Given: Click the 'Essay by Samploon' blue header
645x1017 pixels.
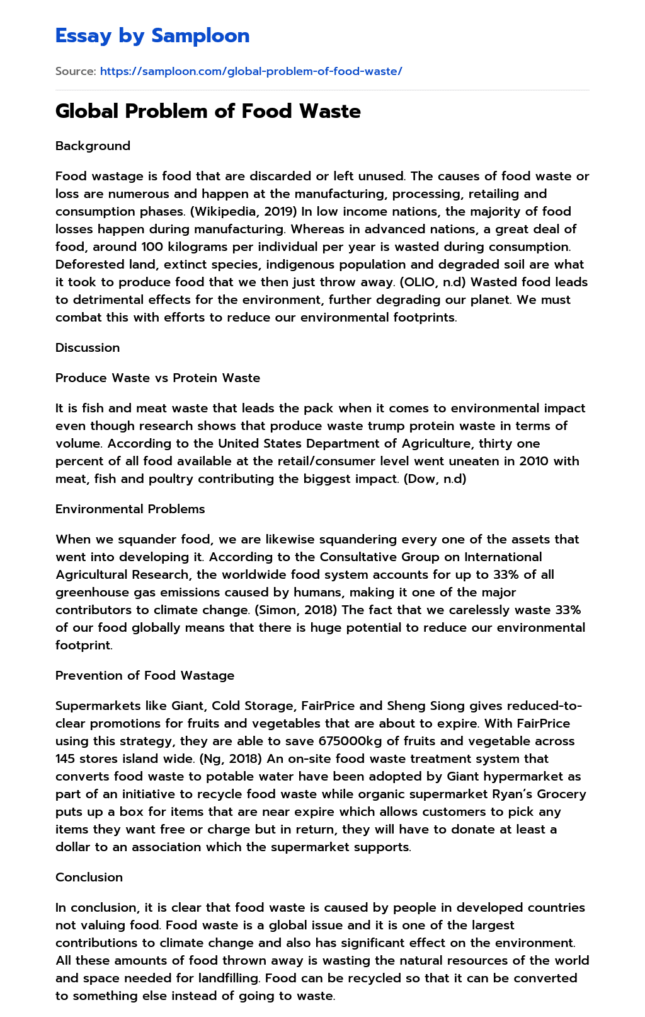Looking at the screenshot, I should pos(152,36).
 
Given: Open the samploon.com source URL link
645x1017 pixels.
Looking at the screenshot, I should pos(251,71).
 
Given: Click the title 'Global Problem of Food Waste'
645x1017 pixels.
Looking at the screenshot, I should pos(208,112).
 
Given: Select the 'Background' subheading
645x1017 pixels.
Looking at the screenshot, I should pos(93,146).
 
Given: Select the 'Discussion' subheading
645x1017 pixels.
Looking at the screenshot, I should pos(88,347).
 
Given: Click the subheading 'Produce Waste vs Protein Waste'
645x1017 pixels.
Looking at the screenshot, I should pos(157,378).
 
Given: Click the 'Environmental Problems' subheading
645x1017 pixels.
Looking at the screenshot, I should pos(130,509).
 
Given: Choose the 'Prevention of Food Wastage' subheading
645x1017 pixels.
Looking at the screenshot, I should pos(145,675).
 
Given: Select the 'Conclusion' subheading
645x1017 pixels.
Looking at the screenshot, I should pos(89,877).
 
